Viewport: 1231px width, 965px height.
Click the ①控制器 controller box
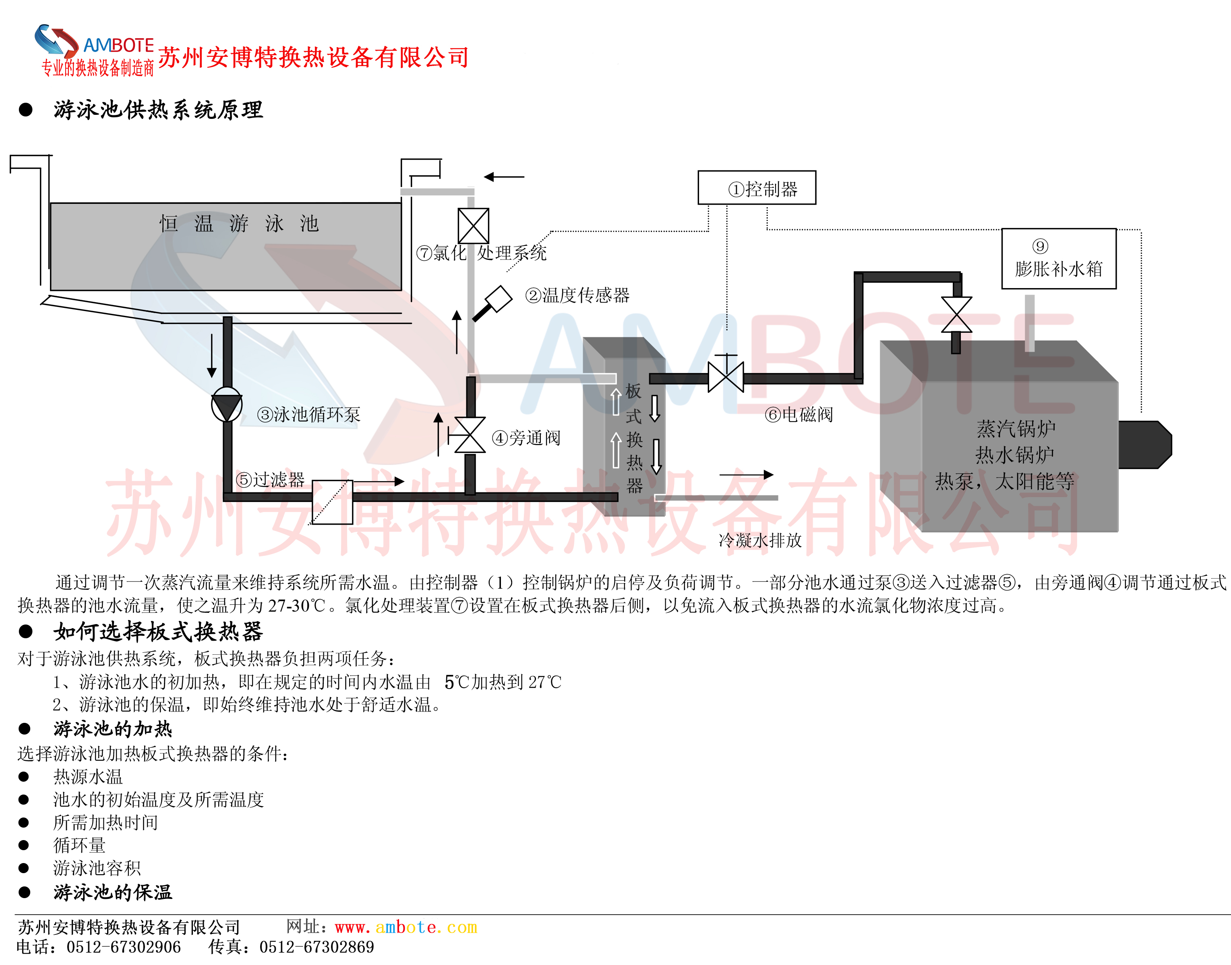757,188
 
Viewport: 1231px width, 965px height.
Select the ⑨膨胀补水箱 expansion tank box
1059,259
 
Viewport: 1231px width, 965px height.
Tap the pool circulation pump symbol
226,405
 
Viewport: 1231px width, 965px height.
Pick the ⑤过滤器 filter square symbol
332,502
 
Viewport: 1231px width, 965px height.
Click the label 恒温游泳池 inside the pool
239,224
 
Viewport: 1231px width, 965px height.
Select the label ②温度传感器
577,295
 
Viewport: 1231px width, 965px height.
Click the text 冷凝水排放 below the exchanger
760,541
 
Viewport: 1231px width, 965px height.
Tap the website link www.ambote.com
406,927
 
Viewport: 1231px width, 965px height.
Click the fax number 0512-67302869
316,947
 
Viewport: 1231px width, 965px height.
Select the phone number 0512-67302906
124,947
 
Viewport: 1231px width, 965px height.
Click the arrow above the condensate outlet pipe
746,475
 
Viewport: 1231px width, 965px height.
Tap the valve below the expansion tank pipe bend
956,315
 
